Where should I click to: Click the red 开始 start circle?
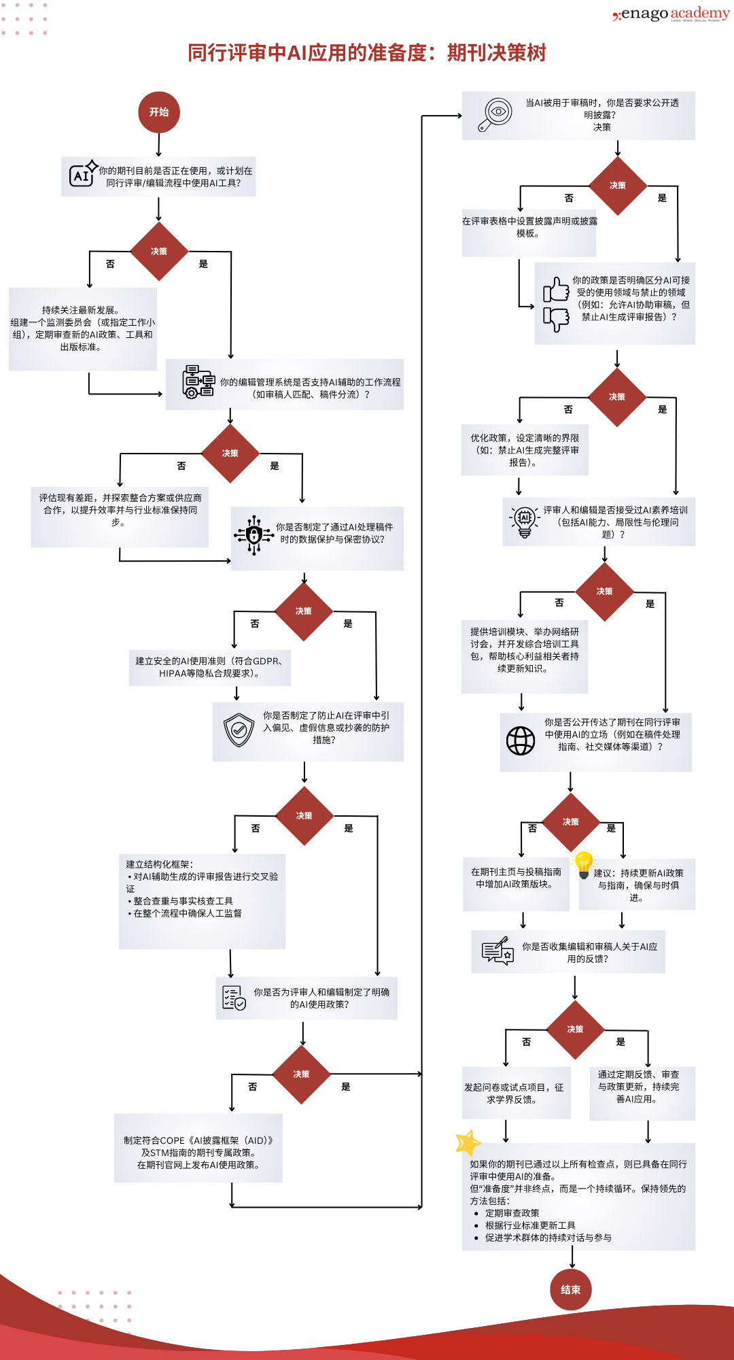point(159,112)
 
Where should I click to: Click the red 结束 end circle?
point(571,1289)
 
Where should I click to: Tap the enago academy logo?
point(671,14)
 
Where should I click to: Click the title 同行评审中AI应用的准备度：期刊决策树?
point(367,53)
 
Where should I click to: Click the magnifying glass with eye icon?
point(495,114)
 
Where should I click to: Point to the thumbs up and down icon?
point(556,304)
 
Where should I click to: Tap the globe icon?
point(521,741)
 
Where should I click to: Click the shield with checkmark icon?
point(239,730)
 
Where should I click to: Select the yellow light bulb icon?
point(584,863)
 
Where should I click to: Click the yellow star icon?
point(468,1143)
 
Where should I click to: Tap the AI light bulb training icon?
point(524,521)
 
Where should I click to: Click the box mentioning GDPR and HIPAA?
point(210,667)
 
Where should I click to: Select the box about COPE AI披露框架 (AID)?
point(198,1148)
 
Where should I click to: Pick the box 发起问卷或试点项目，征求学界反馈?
point(516,1093)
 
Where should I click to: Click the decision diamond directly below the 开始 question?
point(159,252)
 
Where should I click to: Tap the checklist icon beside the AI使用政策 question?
point(234,998)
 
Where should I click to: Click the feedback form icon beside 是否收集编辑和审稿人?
point(497,951)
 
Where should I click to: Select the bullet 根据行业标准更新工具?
point(529,1225)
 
